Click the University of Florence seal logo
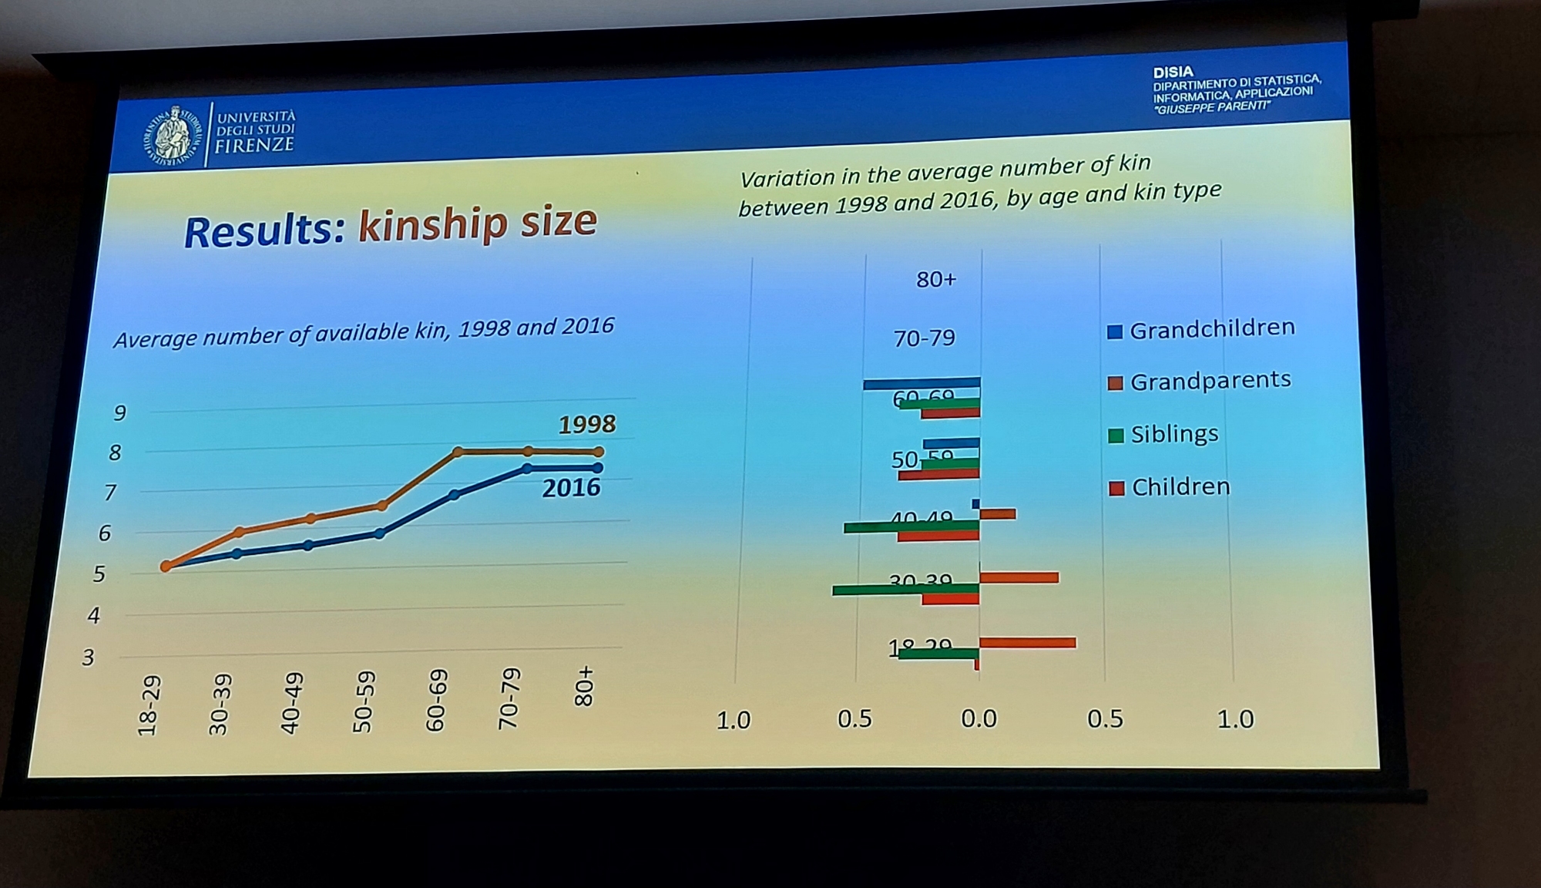tap(172, 136)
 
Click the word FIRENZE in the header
tap(254, 144)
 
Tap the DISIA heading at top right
tap(1173, 72)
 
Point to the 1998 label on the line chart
tap(586, 424)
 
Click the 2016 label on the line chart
tap(570, 488)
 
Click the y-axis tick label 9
tap(119, 413)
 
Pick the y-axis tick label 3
tap(89, 658)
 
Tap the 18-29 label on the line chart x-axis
tap(149, 705)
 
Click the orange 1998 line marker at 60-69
tap(457, 452)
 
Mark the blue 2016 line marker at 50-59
tap(378, 533)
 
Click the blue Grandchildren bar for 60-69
tap(922, 383)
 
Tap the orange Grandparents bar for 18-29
tap(1027, 643)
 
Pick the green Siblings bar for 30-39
tap(905, 590)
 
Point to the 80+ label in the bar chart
tap(935, 279)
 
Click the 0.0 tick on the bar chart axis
tap(979, 719)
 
